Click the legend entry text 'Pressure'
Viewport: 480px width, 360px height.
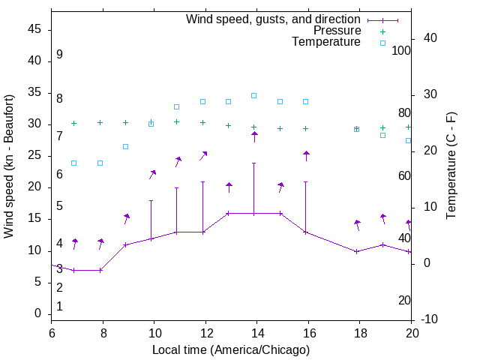point(337,31)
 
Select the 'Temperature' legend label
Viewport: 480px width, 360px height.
point(326,43)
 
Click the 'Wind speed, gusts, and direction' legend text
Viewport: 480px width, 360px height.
point(273,19)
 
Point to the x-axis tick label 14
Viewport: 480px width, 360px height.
point(256,332)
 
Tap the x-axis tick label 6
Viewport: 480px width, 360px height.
point(52,332)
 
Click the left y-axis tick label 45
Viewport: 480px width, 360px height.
point(34,30)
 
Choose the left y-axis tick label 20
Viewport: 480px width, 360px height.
point(34,187)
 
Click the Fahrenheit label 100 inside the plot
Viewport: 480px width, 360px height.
point(401,50)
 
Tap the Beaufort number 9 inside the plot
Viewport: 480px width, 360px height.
point(59,55)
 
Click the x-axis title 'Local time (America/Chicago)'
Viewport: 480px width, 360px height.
point(231,349)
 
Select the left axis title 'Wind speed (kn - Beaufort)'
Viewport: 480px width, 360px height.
point(9,166)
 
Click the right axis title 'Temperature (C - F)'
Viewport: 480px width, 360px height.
point(451,166)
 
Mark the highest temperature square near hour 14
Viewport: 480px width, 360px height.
point(253,95)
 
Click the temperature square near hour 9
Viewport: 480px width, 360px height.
point(125,146)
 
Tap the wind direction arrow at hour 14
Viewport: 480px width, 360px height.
point(254,136)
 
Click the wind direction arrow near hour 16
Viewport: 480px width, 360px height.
point(306,155)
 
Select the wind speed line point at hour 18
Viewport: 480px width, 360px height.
point(357,251)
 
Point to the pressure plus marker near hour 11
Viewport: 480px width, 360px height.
point(177,121)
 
